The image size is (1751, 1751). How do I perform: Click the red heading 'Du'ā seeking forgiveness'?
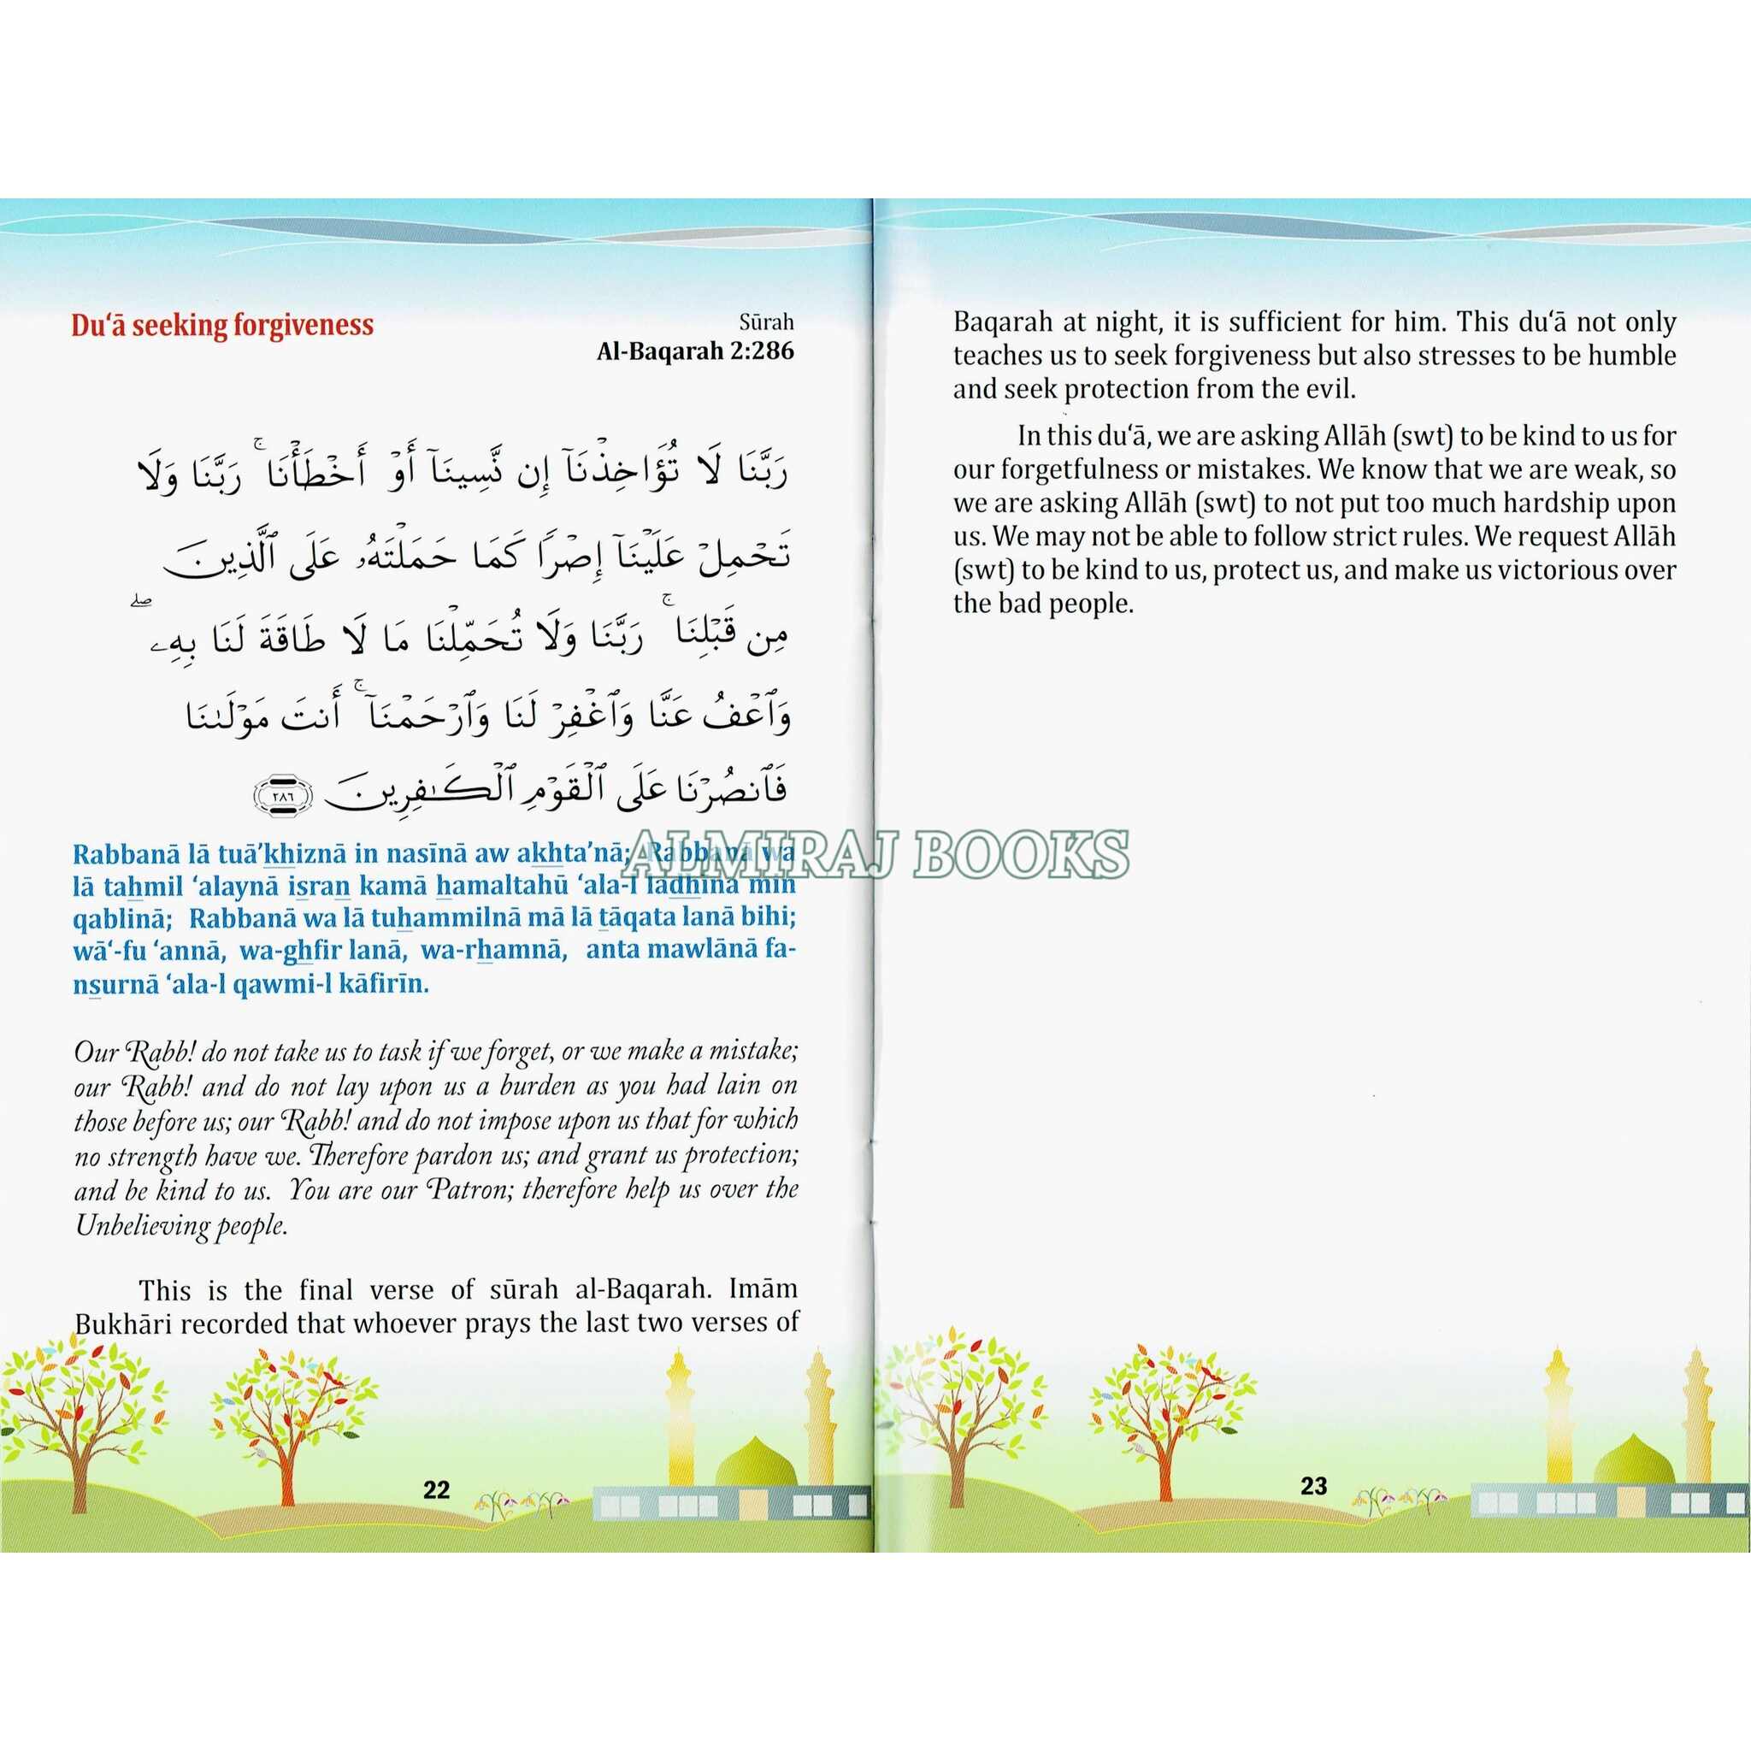click(222, 326)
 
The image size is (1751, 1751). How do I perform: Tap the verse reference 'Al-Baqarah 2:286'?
click(695, 351)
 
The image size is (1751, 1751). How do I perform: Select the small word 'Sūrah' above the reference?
click(766, 321)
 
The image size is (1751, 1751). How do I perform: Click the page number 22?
click(437, 1490)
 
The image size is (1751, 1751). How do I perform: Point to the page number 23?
click(1313, 1485)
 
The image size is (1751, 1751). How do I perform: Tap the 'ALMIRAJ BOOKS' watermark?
click(875, 854)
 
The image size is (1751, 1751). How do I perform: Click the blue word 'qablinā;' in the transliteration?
click(122, 917)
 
